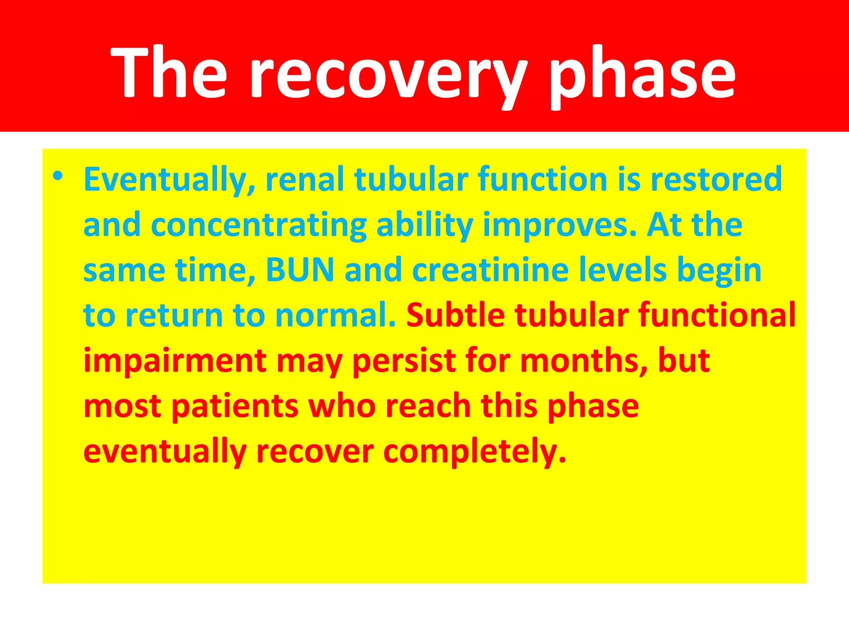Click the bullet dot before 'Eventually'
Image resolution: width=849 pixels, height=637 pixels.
pos(58,176)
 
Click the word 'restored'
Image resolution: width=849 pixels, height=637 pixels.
pos(716,179)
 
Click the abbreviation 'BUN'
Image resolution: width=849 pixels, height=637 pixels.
pos(300,270)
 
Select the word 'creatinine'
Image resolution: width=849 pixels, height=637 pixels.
pos(490,270)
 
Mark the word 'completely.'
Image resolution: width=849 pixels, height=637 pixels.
pos(475,452)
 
